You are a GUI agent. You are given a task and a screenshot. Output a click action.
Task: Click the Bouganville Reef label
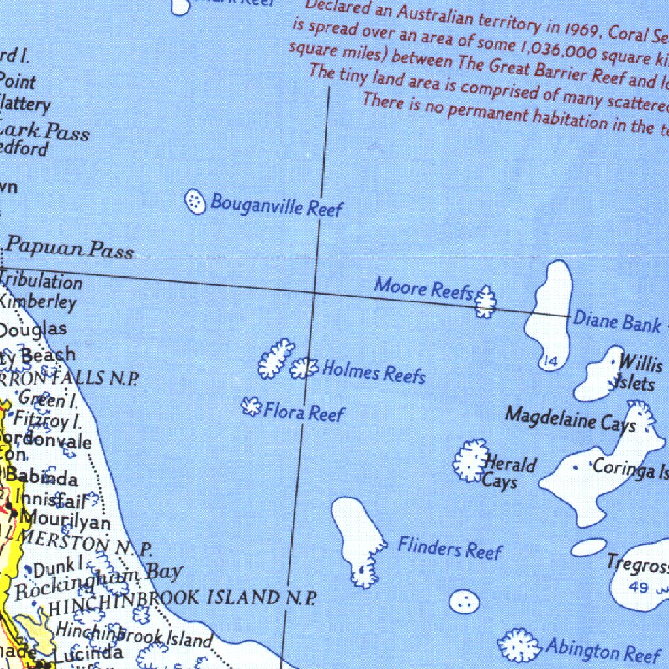coord(276,205)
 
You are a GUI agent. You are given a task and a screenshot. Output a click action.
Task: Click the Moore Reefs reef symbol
coord(485,301)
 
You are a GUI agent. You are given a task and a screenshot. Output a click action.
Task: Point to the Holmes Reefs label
coord(374,372)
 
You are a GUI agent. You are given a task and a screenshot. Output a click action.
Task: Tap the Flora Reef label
coord(303,412)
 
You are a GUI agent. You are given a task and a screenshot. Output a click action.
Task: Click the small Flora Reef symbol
coord(250,407)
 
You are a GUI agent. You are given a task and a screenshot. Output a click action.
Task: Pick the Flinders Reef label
coord(449,548)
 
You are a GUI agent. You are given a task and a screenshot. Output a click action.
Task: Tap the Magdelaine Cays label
coord(570,419)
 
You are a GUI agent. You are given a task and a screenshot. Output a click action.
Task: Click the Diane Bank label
coord(617,321)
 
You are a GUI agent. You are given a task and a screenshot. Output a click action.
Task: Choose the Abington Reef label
coord(602,650)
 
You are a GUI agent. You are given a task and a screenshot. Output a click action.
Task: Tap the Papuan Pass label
coord(70,249)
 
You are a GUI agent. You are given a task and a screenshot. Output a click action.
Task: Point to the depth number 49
coord(638,588)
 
